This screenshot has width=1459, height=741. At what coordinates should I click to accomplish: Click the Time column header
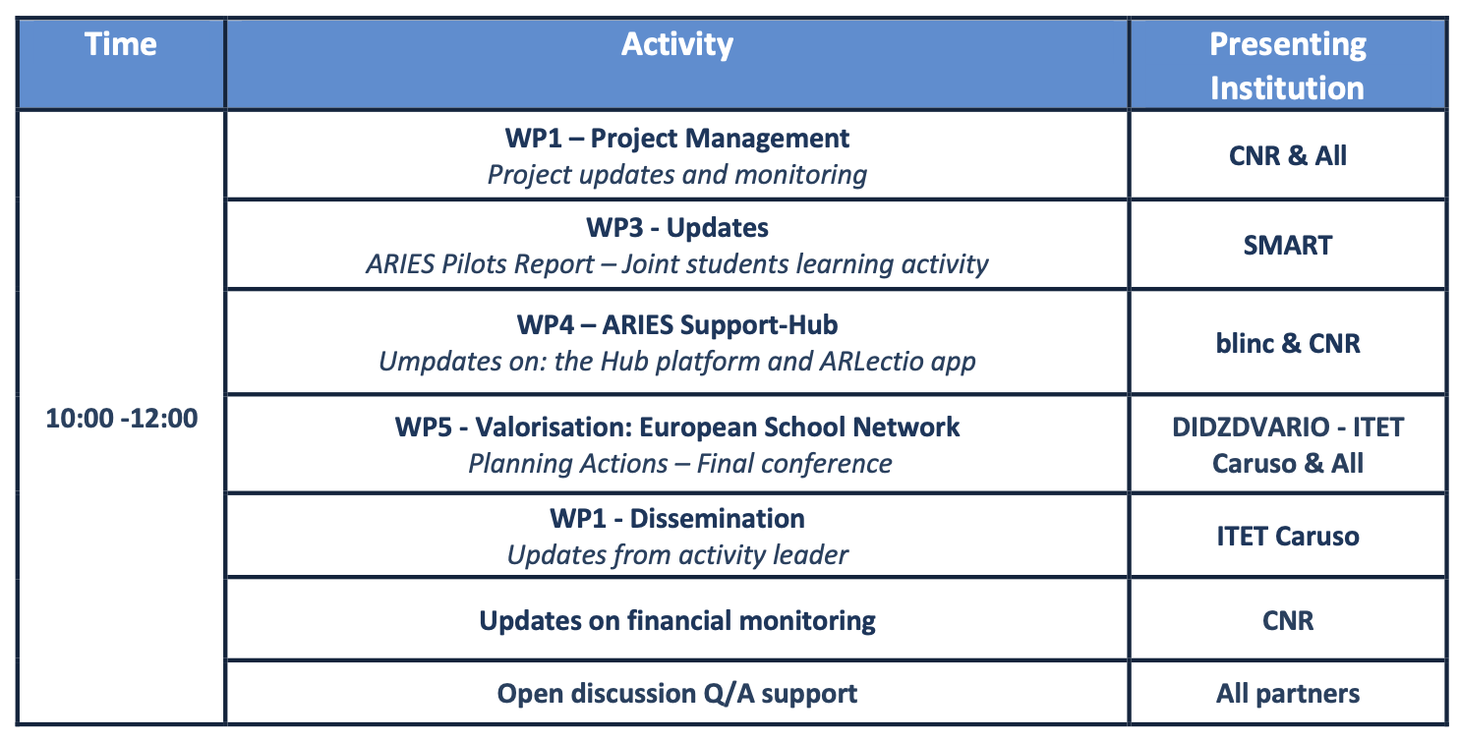pos(121,44)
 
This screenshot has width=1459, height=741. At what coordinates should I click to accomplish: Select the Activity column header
pos(676,44)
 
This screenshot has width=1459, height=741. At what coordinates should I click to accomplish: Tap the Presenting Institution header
pos(1288,66)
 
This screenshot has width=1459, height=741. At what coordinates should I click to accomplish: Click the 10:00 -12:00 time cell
pos(122,418)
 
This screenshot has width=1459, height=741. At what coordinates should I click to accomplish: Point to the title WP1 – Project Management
pos(676,138)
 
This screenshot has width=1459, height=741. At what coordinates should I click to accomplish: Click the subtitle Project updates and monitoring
pos(676,175)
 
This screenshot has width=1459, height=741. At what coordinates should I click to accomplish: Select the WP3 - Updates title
pos(676,227)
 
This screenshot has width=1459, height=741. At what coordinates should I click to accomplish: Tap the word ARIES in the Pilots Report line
pos(400,263)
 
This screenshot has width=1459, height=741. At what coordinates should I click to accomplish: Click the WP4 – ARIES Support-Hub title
pos(676,325)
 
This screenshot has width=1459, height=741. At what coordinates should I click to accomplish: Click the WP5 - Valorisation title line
pos(676,427)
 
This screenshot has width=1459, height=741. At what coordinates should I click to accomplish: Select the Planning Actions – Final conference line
pos(679,464)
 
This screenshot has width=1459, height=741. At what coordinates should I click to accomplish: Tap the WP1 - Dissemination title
pos(676,518)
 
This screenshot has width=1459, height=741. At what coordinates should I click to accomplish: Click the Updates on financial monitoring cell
pos(676,620)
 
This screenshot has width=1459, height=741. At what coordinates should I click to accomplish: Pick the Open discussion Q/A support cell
pos(676,694)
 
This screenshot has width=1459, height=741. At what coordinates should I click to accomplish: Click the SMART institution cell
pos(1288,246)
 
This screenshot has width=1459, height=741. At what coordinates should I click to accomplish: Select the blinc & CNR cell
pos(1288,343)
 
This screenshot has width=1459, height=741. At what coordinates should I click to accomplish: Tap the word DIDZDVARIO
pos(1251,427)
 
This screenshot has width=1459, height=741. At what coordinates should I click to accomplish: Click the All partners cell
pos(1288,694)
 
